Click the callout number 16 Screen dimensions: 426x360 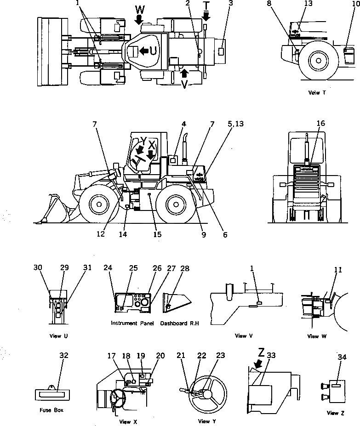point(320,124)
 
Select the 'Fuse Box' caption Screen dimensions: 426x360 point(48,410)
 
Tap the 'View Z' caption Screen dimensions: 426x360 point(332,413)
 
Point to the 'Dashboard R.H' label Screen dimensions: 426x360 point(180,324)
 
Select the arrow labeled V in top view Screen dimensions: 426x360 point(184,73)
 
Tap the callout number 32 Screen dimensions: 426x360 point(63,355)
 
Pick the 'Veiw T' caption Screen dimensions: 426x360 point(317,92)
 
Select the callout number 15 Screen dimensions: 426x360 point(157,234)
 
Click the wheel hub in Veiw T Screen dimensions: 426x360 point(318,60)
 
